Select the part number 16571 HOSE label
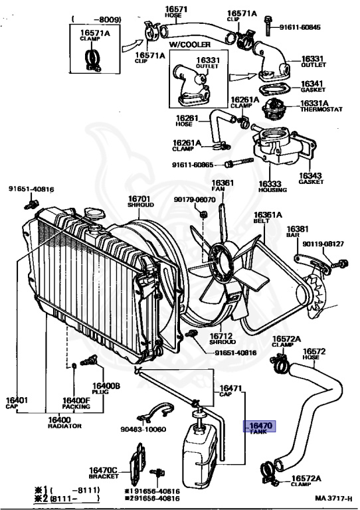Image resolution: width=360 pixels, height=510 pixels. coord(175,12)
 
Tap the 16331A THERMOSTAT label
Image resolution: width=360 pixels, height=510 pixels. coord(321,106)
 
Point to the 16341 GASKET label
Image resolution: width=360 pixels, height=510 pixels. coord(313,86)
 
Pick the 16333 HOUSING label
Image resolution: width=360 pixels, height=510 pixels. coord(272,187)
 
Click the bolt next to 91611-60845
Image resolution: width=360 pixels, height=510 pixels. coord(268,25)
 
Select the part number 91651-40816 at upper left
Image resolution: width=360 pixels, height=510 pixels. coord(31,189)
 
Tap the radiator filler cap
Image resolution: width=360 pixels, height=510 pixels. coord(94,214)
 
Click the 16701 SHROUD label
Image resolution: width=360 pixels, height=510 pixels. coord(141,201)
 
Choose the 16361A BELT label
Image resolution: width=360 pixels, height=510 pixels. coord(268,218)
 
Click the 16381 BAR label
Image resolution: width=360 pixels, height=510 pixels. coord(298,232)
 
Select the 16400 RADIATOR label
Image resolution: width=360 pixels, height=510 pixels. coord(64,422)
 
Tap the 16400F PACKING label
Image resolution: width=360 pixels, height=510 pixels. coord(76,403)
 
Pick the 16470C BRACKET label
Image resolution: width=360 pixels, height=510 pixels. coord(104,473)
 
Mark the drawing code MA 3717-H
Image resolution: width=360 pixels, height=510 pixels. coord(333,499)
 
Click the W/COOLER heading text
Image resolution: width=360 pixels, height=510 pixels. coord(189,45)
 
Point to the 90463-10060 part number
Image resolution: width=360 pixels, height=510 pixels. coord(143,430)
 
